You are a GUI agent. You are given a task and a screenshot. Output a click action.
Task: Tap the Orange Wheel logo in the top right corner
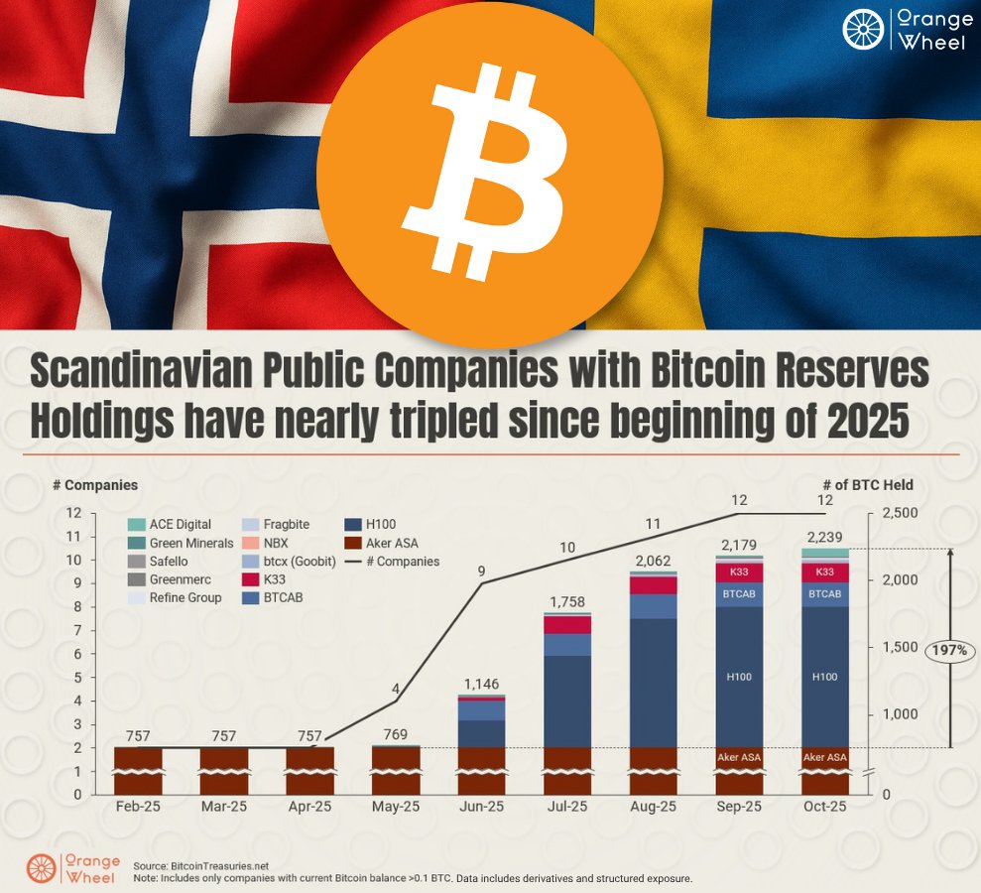[907, 30]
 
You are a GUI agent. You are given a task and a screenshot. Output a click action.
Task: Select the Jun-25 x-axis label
[481, 807]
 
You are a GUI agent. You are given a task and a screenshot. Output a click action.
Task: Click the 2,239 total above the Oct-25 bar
[824, 537]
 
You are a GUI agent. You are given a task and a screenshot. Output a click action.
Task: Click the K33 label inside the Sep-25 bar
[739, 572]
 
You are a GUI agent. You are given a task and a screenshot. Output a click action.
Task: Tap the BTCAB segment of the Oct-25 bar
[824, 593]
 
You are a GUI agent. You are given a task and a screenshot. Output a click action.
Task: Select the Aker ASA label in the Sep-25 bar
[739, 757]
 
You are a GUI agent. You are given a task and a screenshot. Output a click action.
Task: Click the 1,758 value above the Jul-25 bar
[567, 601]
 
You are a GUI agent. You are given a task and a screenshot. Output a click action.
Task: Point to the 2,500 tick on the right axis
[901, 513]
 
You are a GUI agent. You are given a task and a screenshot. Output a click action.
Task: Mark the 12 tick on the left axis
[73, 513]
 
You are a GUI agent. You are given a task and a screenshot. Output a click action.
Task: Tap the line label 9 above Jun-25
[482, 571]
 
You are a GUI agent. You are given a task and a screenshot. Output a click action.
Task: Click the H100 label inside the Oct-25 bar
[824, 677]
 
